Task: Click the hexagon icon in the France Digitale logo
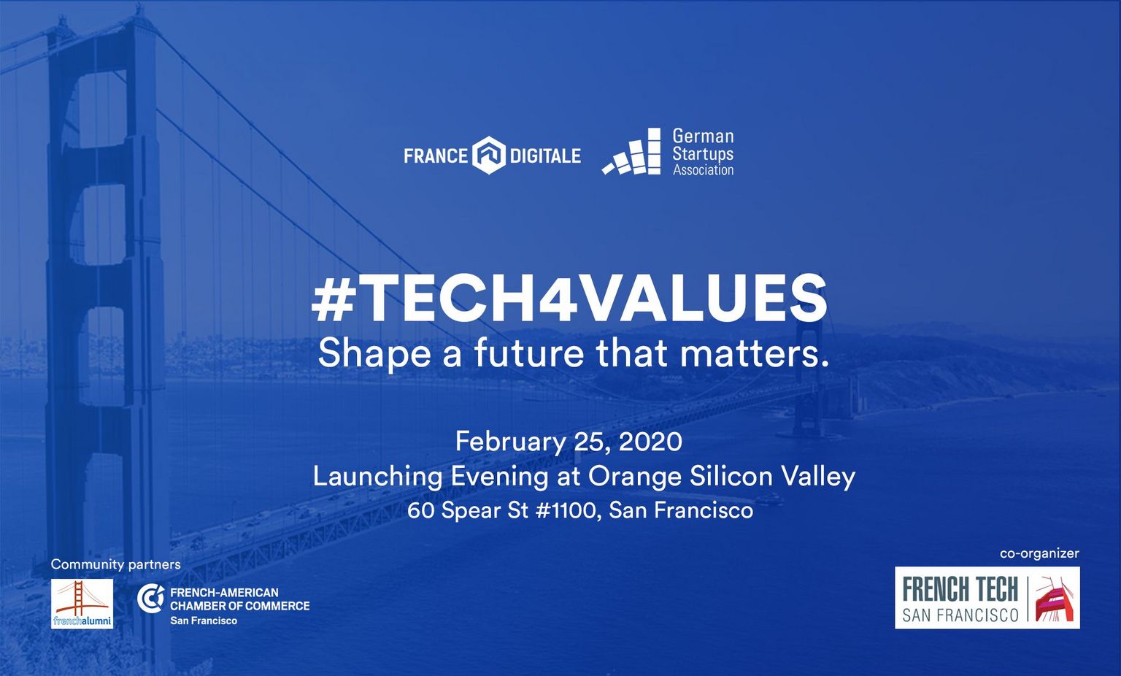pyautogui.click(x=489, y=155)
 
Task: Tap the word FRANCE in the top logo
pyautogui.click(x=436, y=155)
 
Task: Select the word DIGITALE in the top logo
pyautogui.click(x=545, y=155)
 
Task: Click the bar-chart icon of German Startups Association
pyautogui.click(x=631, y=151)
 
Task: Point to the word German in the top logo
pyautogui.click(x=703, y=137)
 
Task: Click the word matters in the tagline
pyautogui.click(x=747, y=353)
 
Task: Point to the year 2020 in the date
pyautogui.click(x=650, y=442)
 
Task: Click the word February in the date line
pyautogui.click(x=509, y=442)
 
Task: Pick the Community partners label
pyautogui.click(x=115, y=564)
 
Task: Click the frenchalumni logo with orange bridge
pyautogui.click(x=82, y=604)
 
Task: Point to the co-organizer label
pyautogui.click(x=1039, y=553)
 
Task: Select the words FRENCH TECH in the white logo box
pyautogui.click(x=960, y=589)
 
